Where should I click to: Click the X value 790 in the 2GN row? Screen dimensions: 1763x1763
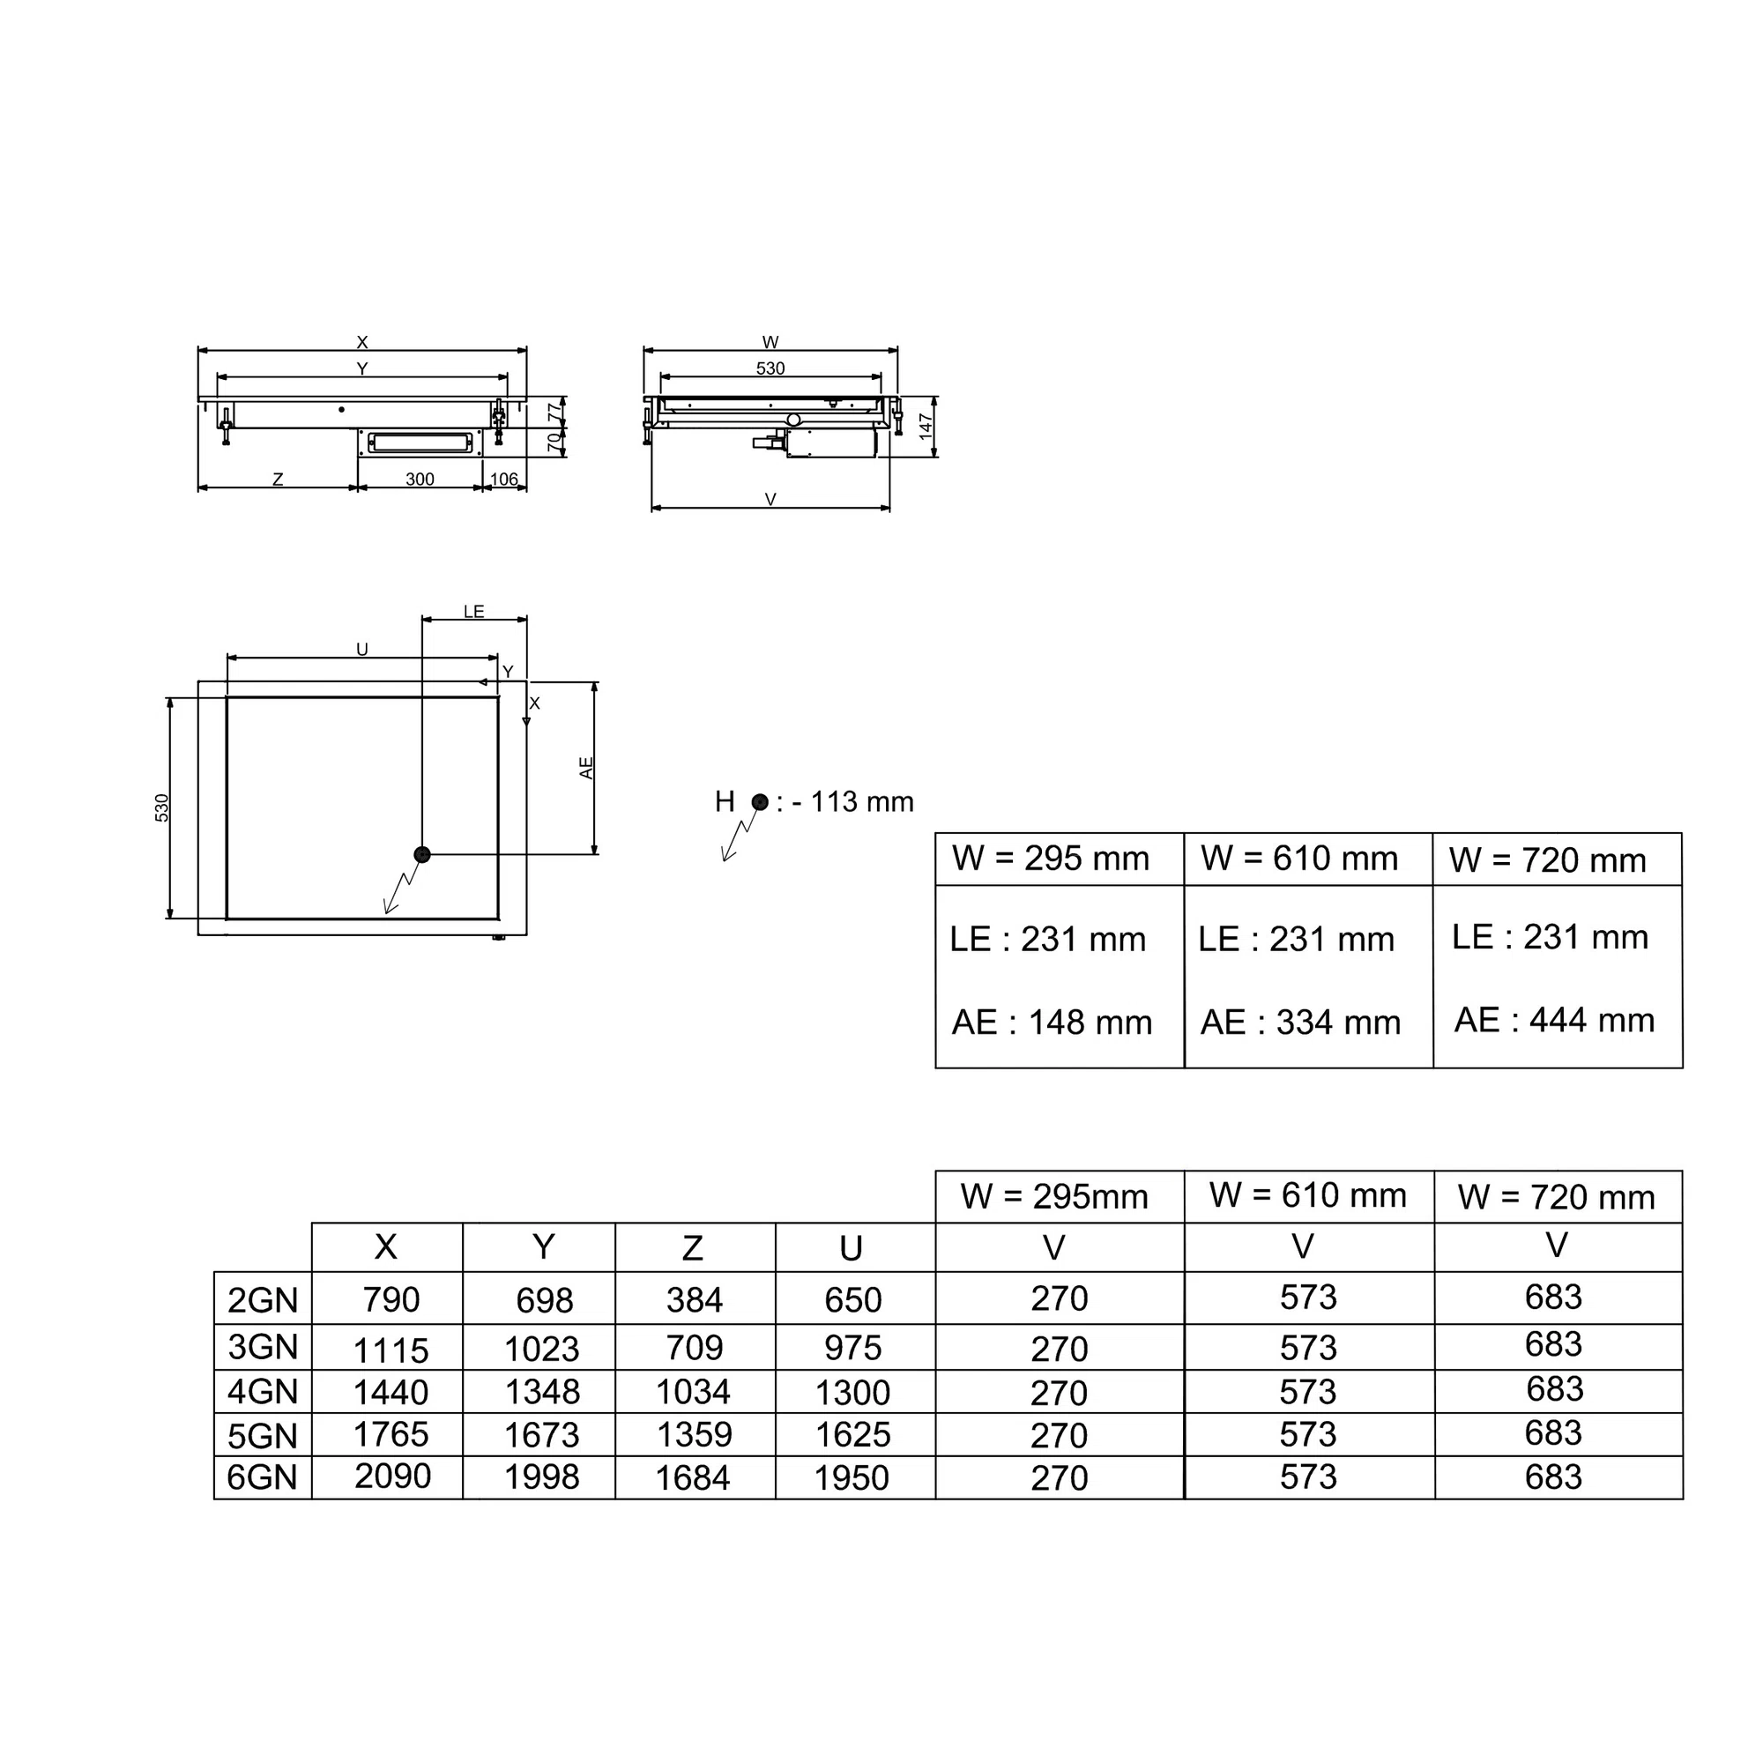point(391,1299)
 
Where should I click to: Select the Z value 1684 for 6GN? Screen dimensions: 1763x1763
point(693,1478)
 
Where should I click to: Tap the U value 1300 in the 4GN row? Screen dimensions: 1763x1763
point(852,1393)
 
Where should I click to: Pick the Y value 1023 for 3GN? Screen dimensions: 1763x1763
point(542,1349)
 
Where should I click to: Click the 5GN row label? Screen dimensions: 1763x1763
point(263,1436)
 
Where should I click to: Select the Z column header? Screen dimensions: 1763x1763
point(693,1247)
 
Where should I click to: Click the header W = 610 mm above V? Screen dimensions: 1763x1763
point(1307,1194)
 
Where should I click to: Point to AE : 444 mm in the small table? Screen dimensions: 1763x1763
point(1554,1019)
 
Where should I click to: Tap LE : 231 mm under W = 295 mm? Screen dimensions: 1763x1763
point(1047,939)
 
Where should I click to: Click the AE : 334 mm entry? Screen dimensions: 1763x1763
point(1300,1022)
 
